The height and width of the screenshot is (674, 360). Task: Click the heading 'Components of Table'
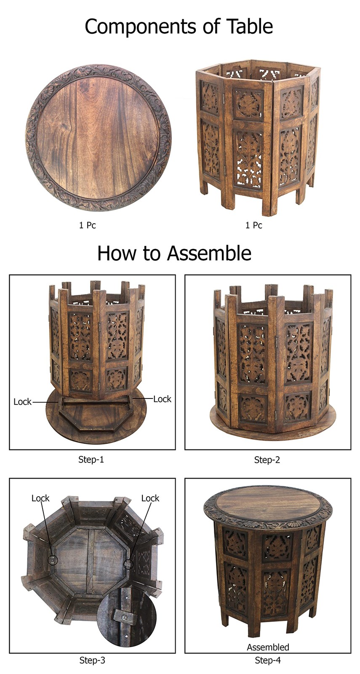(179, 27)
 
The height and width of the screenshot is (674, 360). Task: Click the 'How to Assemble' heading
(174, 253)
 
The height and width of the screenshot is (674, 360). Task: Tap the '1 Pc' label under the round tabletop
(87, 225)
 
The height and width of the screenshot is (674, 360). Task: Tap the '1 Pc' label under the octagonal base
(253, 225)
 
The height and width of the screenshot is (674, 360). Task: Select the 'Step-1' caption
(91, 460)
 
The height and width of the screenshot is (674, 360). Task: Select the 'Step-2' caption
(267, 460)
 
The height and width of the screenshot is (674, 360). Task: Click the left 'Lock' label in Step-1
(22, 402)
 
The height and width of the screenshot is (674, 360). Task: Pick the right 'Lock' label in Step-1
(162, 399)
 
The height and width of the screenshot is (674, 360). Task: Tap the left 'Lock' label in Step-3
(40, 498)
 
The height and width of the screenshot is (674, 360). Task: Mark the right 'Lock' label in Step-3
(150, 498)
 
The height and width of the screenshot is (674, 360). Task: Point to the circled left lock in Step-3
(53, 560)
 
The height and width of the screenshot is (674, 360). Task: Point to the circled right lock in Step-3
(128, 564)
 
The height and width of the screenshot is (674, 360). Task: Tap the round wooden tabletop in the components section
(99, 137)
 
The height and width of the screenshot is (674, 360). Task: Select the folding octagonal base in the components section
(257, 137)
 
